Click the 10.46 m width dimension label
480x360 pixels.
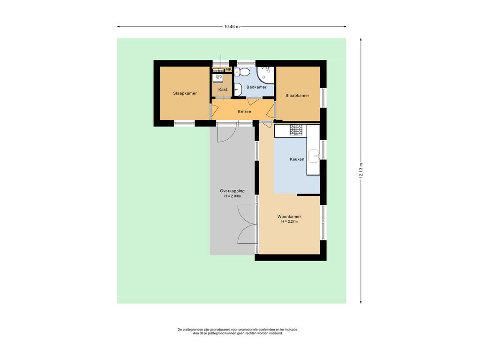point(232,27)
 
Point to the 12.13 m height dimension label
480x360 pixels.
point(361,171)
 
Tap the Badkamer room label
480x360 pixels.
point(256,87)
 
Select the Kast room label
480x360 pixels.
point(223,90)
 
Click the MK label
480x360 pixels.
point(228,70)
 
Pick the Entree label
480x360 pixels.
point(244,112)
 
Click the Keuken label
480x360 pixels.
point(297,159)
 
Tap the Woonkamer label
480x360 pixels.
point(289,217)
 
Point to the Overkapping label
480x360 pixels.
point(232,191)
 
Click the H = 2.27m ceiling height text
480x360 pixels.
point(289,222)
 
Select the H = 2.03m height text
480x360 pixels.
point(232,196)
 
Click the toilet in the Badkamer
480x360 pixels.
point(242,72)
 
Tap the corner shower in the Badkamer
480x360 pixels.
point(265,75)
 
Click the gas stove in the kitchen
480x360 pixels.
point(296,130)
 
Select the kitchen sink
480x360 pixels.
point(314,156)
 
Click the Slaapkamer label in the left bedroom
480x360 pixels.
point(185,93)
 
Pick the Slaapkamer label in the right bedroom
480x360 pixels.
point(297,96)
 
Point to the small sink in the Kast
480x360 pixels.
point(218,77)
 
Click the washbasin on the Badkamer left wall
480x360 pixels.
point(238,90)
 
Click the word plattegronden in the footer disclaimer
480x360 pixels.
point(191,330)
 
